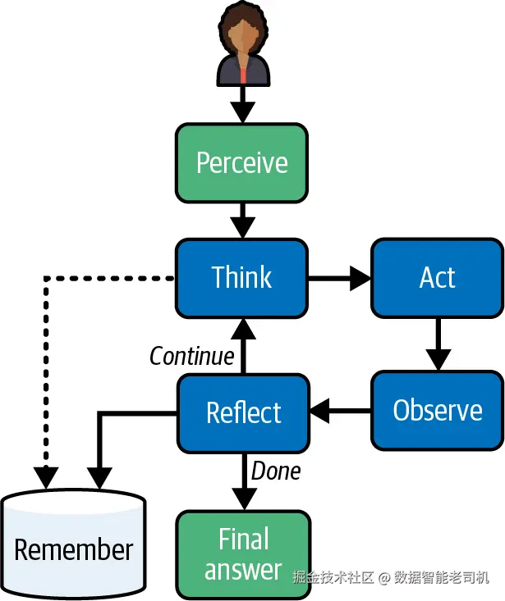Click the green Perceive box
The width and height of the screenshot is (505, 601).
[x=242, y=162]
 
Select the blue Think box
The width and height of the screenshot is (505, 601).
[x=242, y=277]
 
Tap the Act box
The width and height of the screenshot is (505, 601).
[x=437, y=277]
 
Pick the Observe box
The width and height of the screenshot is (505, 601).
[x=437, y=410]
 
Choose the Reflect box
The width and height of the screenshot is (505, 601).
[x=244, y=412]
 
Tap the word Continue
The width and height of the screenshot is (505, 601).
[x=192, y=357]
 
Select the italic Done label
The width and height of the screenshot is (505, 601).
[x=276, y=471]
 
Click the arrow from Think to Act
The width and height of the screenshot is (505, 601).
[x=340, y=279]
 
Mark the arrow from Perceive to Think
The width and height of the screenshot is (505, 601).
[x=242, y=219]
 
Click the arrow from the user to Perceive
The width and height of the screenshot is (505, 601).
[x=242, y=104]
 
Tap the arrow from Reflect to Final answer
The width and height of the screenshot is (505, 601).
[x=244, y=480]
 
